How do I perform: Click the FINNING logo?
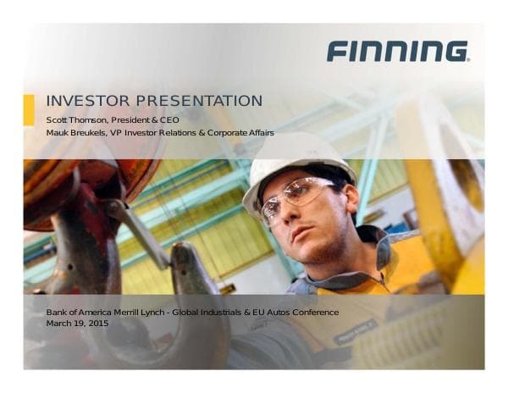(x=397, y=51)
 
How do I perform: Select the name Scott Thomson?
(x=74, y=120)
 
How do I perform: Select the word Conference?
(x=315, y=313)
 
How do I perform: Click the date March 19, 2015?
(x=77, y=324)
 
